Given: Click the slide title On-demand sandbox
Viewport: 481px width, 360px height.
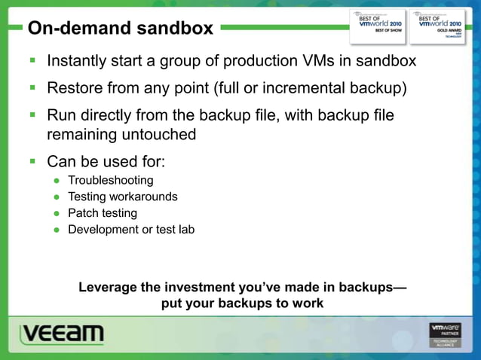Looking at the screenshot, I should [121, 29].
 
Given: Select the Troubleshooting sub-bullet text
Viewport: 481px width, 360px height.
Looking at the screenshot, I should [110, 180].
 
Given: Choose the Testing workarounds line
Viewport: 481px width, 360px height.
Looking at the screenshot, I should [123, 197].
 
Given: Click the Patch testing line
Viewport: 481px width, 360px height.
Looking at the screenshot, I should [103, 213].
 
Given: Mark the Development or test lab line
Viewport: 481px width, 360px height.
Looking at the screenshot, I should [131, 230].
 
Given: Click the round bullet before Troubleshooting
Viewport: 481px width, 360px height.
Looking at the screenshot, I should [57, 181].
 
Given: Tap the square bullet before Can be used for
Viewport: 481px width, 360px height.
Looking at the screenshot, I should [33, 161].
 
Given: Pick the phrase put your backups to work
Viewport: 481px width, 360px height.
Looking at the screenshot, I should [242, 304].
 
